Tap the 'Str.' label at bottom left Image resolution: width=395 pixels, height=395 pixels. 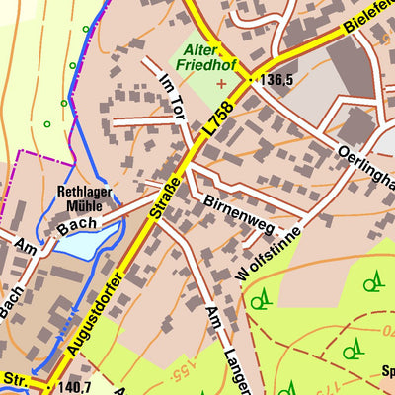pyautogui.click(x=15, y=378)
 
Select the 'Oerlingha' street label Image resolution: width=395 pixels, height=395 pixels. pyautogui.click(x=365, y=167)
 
